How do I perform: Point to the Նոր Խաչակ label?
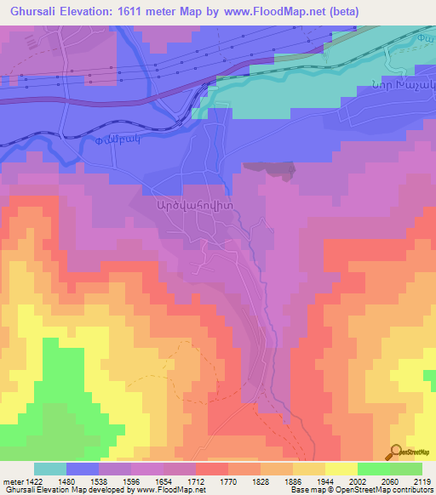(403, 84)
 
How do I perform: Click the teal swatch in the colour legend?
(50, 469)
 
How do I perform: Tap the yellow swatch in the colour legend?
(341, 469)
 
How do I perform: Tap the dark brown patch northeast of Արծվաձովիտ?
(270, 169)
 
